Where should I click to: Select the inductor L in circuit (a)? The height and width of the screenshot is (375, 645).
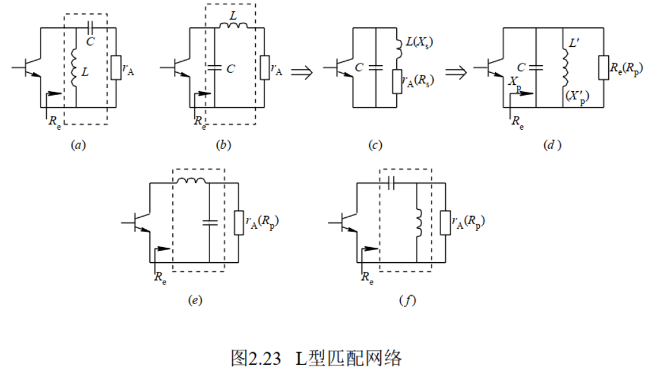(x=75, y=68)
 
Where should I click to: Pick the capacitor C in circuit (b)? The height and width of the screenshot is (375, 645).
(x=215, y=68)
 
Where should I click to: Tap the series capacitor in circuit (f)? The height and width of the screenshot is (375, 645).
(x=391, y=182)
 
